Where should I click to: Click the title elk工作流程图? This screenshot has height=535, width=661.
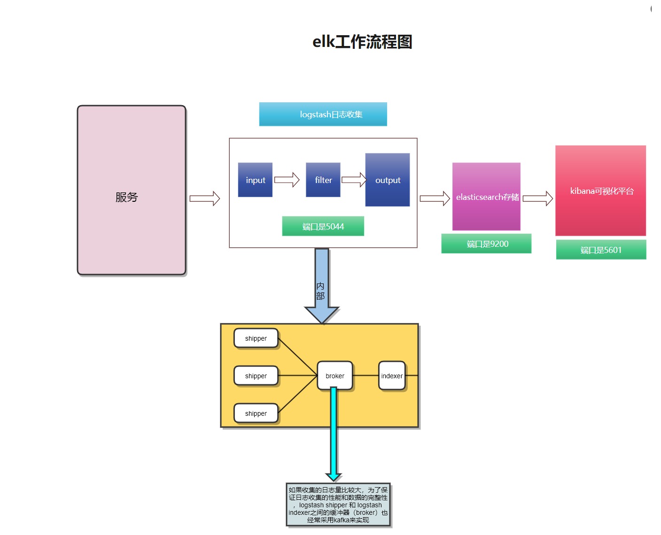point(362,42)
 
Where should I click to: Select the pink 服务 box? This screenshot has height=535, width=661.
point(132,190)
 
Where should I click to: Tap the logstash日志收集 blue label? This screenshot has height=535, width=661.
point(323,114)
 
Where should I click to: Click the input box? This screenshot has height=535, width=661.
point(255,180)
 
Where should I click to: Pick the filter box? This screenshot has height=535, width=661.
point(323,180)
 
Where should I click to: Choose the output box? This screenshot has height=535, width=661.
point(387,180)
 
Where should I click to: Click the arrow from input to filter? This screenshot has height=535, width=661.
point(287,180)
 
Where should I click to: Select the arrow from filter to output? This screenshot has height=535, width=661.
point(354,180)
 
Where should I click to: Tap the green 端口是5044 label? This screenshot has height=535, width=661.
point(323,226)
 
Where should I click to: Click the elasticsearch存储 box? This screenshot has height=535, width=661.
point(486,197)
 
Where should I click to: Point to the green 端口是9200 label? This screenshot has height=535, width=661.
point(486,244)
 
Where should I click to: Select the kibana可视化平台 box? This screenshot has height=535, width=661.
point(600,191)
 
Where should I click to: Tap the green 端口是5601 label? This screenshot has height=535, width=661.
point(601,250)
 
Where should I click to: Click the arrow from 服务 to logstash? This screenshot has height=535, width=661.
point(205,199)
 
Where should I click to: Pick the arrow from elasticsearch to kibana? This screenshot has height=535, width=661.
point(538,199)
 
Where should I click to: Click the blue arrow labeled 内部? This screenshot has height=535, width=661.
point(322,286)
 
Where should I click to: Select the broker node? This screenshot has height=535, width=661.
point(334,375)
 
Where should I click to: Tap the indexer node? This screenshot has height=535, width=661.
point(392,375)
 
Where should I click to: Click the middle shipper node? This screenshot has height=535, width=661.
point(256,375)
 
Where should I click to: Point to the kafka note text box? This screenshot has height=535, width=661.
point(338,505)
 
